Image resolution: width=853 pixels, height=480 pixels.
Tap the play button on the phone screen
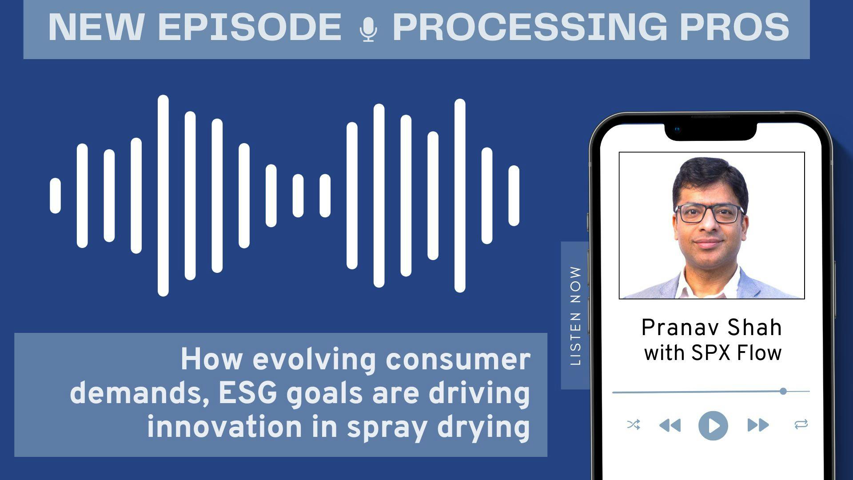point(713,425)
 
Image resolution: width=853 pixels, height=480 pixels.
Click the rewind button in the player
point(670,425)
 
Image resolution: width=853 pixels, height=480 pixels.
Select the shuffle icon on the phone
point(634,425)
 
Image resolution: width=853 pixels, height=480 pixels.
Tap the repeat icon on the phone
point(801,425)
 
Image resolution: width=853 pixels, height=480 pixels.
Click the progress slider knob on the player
point(783,391)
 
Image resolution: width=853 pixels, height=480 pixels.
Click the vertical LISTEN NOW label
point(575,316)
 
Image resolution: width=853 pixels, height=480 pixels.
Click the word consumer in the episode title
point(458,360)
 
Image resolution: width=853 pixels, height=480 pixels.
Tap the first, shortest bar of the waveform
point(56,196)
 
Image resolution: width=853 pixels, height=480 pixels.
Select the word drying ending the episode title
point(484,428)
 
